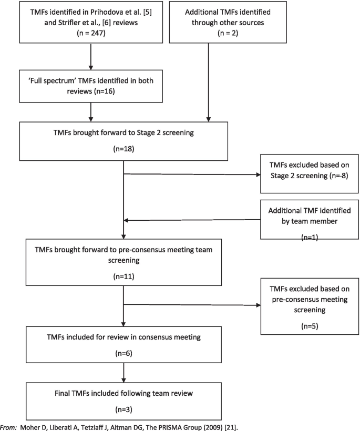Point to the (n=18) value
pos(124,149)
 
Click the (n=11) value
pos(124,275)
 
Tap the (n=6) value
pos(124,353)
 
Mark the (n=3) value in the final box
pos(124,408)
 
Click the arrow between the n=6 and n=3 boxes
pos(124,373)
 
